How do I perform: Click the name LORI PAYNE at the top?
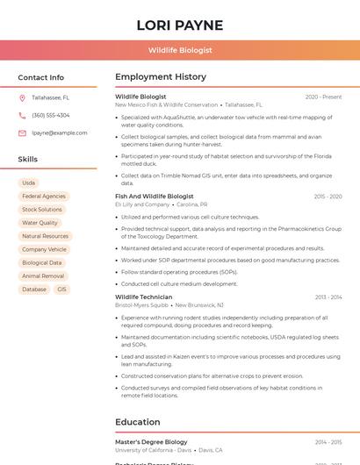[180, 25]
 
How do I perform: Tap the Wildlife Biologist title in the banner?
[180, 51]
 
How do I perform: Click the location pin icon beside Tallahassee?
[22, 98]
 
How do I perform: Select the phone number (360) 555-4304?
[51, 116]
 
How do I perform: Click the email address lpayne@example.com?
[60, 132]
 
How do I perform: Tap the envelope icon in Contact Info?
[22, 132]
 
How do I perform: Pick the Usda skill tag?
[29, 182]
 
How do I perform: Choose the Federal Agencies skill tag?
[44, 197]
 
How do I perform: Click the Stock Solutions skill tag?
[42, 210]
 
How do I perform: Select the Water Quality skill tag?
[40, 223]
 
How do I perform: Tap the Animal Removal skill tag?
[43, 276]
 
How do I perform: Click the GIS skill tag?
[61, 290]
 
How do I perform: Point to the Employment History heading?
[161, 77]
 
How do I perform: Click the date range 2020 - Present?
[323, 97]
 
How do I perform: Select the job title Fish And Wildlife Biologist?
[155, 197]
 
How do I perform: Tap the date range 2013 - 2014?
[328, 297]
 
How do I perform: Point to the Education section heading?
[138, 422]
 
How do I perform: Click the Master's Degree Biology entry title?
[151, 442]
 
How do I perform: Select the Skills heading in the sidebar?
[28, 160]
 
